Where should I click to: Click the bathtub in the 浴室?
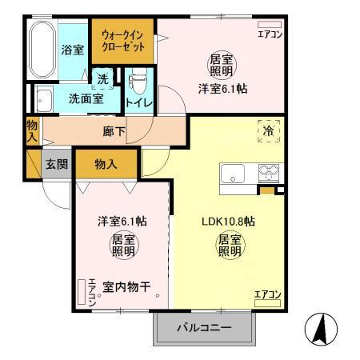(x=41, y=49)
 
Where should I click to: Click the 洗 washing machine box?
(x=102, y=79)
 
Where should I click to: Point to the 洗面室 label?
(x=84, y=100)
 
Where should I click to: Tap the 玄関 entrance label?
(x=56, y=164)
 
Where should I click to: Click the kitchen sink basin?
(x=234, y=174)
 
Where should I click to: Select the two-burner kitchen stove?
(x=266, y=174)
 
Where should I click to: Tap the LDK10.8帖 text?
(x=228, y=222)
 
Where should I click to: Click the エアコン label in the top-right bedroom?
(x=269, y=34)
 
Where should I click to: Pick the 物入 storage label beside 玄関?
(x=106, y=164)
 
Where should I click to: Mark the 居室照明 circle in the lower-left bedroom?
(x=120, y=246)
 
